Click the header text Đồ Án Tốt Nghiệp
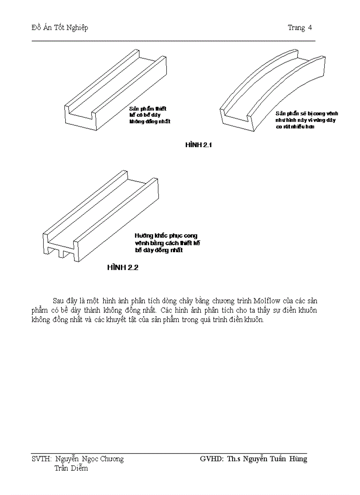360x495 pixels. click(x=60, y=28)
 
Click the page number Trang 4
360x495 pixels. click(x=300, y=28)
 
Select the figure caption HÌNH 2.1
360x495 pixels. click(x=199, y=145)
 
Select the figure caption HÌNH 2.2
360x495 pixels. click(x=123, y=268)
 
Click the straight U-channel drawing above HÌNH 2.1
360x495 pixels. click(x=115, y=88)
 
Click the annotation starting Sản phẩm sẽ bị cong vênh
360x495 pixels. click(x=307, y=120)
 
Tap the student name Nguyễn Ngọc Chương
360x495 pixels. click(x=90, y=459)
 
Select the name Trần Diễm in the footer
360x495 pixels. click(x=71, y=468)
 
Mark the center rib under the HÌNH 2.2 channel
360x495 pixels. click(x=64, y=255)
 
